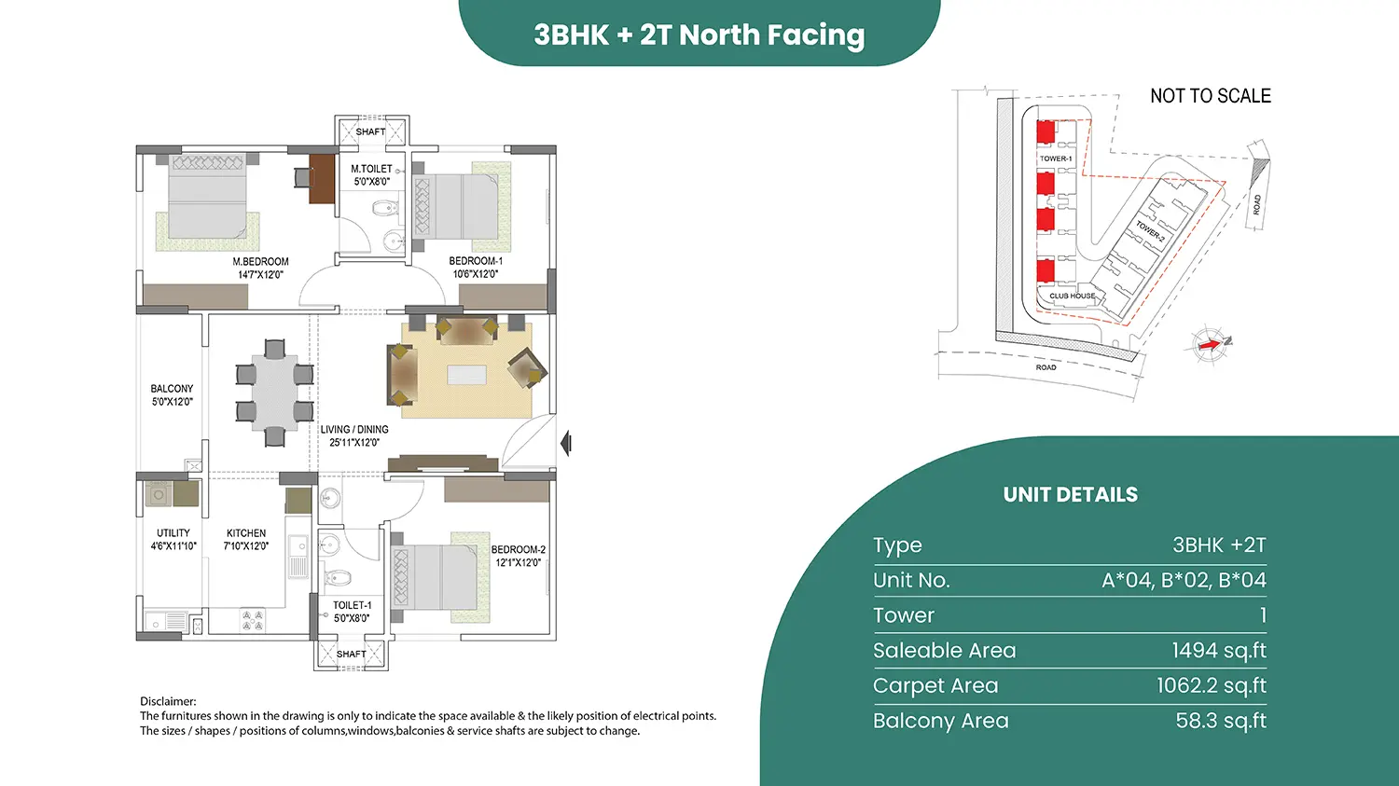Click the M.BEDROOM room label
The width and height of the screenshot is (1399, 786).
click(x=260, y=262)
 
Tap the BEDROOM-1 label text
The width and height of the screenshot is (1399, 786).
click(x=476, y=261)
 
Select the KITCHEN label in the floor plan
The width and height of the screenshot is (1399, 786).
click(x=246, y=533)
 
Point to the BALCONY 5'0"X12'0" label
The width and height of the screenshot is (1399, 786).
click(x=172, y=395)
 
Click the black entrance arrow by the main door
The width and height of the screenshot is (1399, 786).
click(x=566, y=444)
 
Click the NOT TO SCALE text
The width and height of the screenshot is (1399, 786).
click(x=1211, y=95)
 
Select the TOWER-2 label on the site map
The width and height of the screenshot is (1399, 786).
click(x=1150, y=231)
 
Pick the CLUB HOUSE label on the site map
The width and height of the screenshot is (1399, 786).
click(x=1072, y=296)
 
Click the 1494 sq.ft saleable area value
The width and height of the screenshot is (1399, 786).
click(x=1218, y=651)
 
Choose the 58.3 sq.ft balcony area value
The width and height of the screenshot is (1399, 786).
click(x=1220, y=721)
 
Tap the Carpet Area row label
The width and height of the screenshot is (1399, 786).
click(x=935, y=685)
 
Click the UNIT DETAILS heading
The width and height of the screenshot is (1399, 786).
click(x=1071, y=494)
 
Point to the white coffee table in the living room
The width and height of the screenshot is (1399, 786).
click(x=466, y=375)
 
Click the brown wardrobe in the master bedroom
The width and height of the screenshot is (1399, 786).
click(x=323, y=178)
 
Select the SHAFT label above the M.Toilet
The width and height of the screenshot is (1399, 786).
click(x=370, y=131)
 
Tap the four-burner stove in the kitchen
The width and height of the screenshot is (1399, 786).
click(x=253, y=620)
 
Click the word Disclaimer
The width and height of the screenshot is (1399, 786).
click(x=167, y=701)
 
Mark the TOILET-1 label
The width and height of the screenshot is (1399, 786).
click(x=352, y=605)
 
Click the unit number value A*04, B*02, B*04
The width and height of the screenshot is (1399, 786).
click(x=1184, y=580)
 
